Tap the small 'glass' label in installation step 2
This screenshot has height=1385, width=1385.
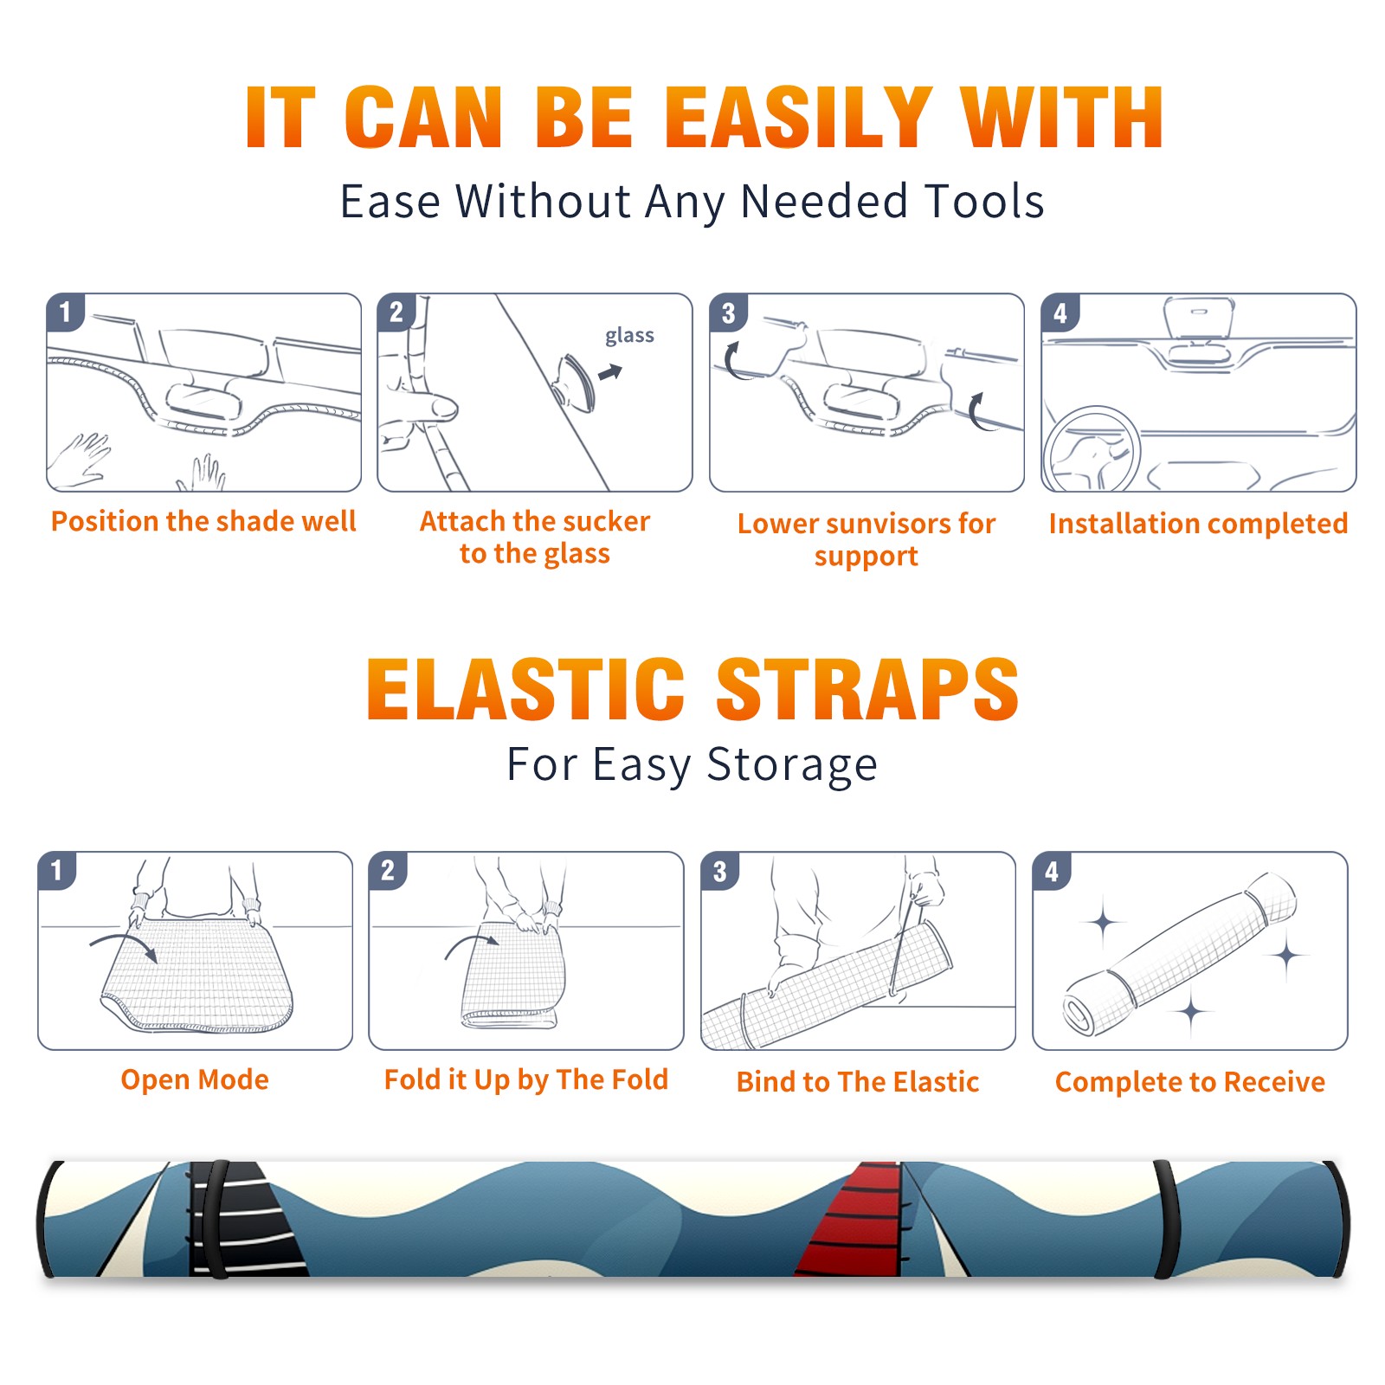point(629,336)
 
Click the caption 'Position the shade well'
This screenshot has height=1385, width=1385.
point(203,521)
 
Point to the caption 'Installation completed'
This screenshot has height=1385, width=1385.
point(1198,524)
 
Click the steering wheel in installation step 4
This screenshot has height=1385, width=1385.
point(1092,450)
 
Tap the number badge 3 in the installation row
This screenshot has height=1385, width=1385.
point(728,312)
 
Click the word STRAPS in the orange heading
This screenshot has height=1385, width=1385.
point(867,689)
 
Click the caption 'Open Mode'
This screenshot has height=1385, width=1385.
point(195,1079)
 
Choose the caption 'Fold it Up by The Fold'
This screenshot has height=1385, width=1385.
point(526,1079)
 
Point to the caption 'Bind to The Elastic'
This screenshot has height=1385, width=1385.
point(858,1082)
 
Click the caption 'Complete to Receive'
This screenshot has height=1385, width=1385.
point(1190,1082)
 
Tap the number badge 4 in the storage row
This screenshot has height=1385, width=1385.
point(1052,872)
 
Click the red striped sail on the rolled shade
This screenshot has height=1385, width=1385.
point(854,1221)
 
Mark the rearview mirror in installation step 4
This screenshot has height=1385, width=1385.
point(1199,318)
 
